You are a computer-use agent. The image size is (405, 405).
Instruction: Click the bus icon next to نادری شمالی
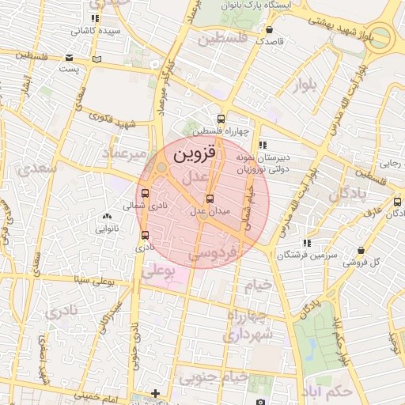click(144, 193)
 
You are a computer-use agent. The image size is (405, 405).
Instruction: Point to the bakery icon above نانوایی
click(108, 217)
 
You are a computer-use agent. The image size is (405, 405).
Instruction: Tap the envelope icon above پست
click(70, 58)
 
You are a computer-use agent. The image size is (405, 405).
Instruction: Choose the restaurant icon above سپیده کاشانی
click(96, 18)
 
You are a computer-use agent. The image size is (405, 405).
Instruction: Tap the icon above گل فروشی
click(361, 250)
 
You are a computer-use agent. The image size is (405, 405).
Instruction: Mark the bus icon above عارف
click(398, 202)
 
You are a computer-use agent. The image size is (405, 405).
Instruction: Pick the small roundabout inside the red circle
click(161, 168)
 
